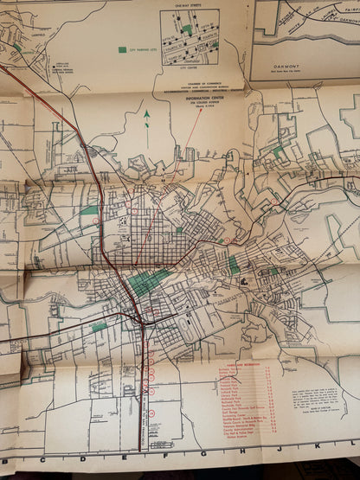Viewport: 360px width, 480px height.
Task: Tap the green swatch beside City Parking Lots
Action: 121,50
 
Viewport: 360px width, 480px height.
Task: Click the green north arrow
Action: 147,117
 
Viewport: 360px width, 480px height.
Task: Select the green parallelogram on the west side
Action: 89,210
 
